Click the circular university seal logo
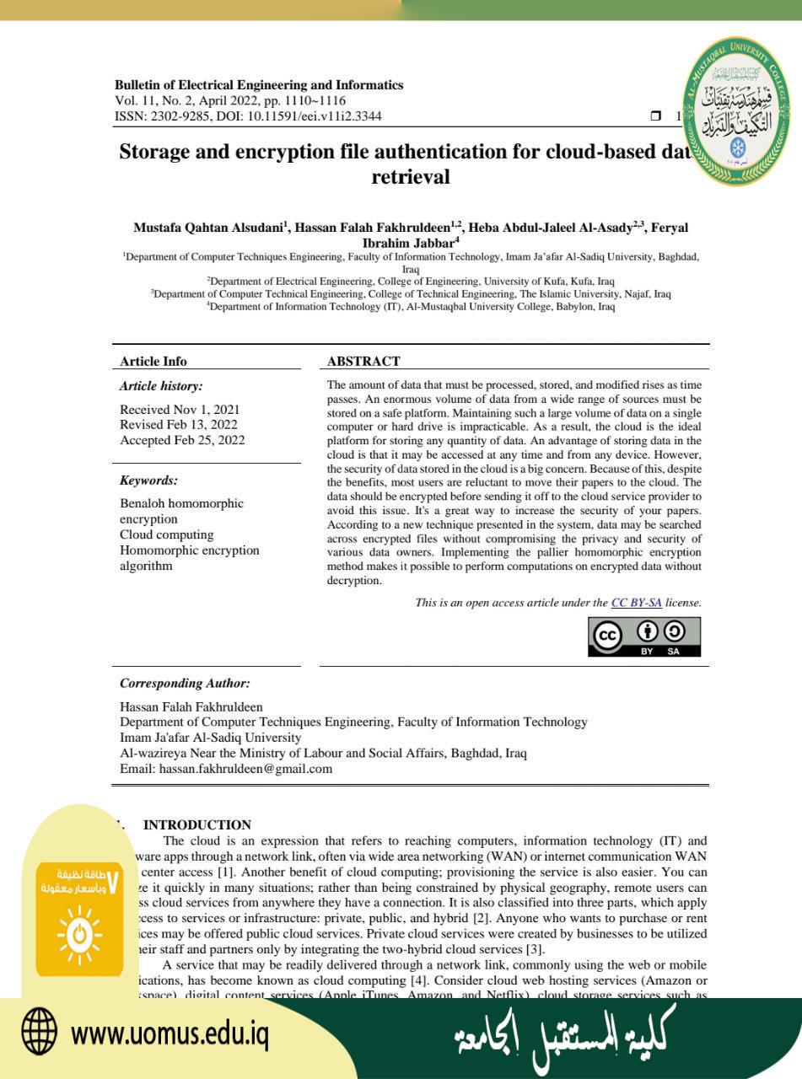(x=737, y=113)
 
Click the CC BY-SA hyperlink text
(x=636, y=603)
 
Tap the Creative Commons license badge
(x=644, y=636)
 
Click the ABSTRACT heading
(x=363, y=362)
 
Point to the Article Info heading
(x=153, y=362)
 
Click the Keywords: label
(x=148, y=481)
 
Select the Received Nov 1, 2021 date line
(x=180, y=410)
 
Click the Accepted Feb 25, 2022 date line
(x=182, y=440)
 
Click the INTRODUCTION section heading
(x=197, y=825)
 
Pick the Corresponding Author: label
(x=185, y=684)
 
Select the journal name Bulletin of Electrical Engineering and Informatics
(x=259, y=85)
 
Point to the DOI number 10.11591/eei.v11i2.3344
(x=314, y=116)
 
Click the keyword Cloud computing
(x=166, y=534)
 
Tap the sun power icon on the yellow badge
(x=80, y=934)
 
